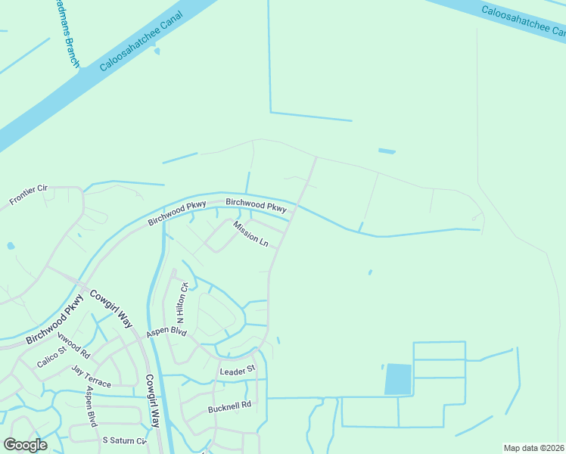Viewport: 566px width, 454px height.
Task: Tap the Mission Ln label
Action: (x=250, y=234)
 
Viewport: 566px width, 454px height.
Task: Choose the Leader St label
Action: (x=238, y=372)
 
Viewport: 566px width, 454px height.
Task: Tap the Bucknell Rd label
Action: (x=229, y=407)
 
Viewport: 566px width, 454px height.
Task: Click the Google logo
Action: (x=25, y=445)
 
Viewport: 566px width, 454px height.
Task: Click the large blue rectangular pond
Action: (x=398, y=379)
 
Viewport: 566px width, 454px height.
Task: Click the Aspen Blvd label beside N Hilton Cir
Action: (x=166, y=331)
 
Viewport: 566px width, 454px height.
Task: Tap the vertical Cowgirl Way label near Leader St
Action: (x=151, y=401)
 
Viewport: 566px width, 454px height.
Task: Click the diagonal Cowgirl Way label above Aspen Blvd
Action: (x=111, y=309)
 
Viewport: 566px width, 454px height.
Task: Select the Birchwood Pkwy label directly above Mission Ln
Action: (x=257, y=205)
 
